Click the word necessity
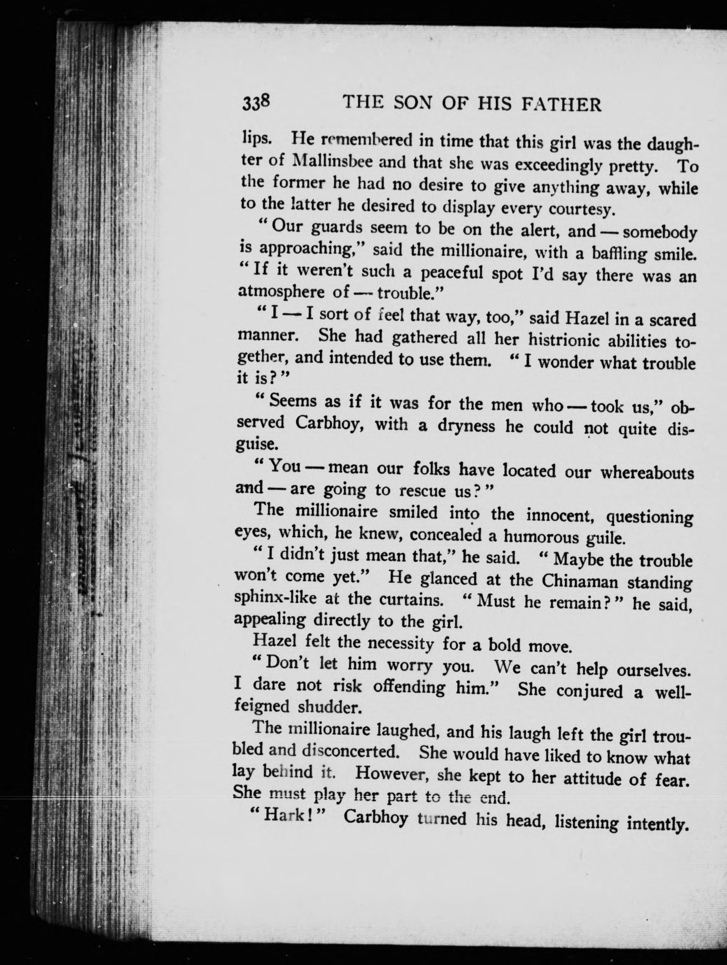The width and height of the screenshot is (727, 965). coord(401,643)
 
